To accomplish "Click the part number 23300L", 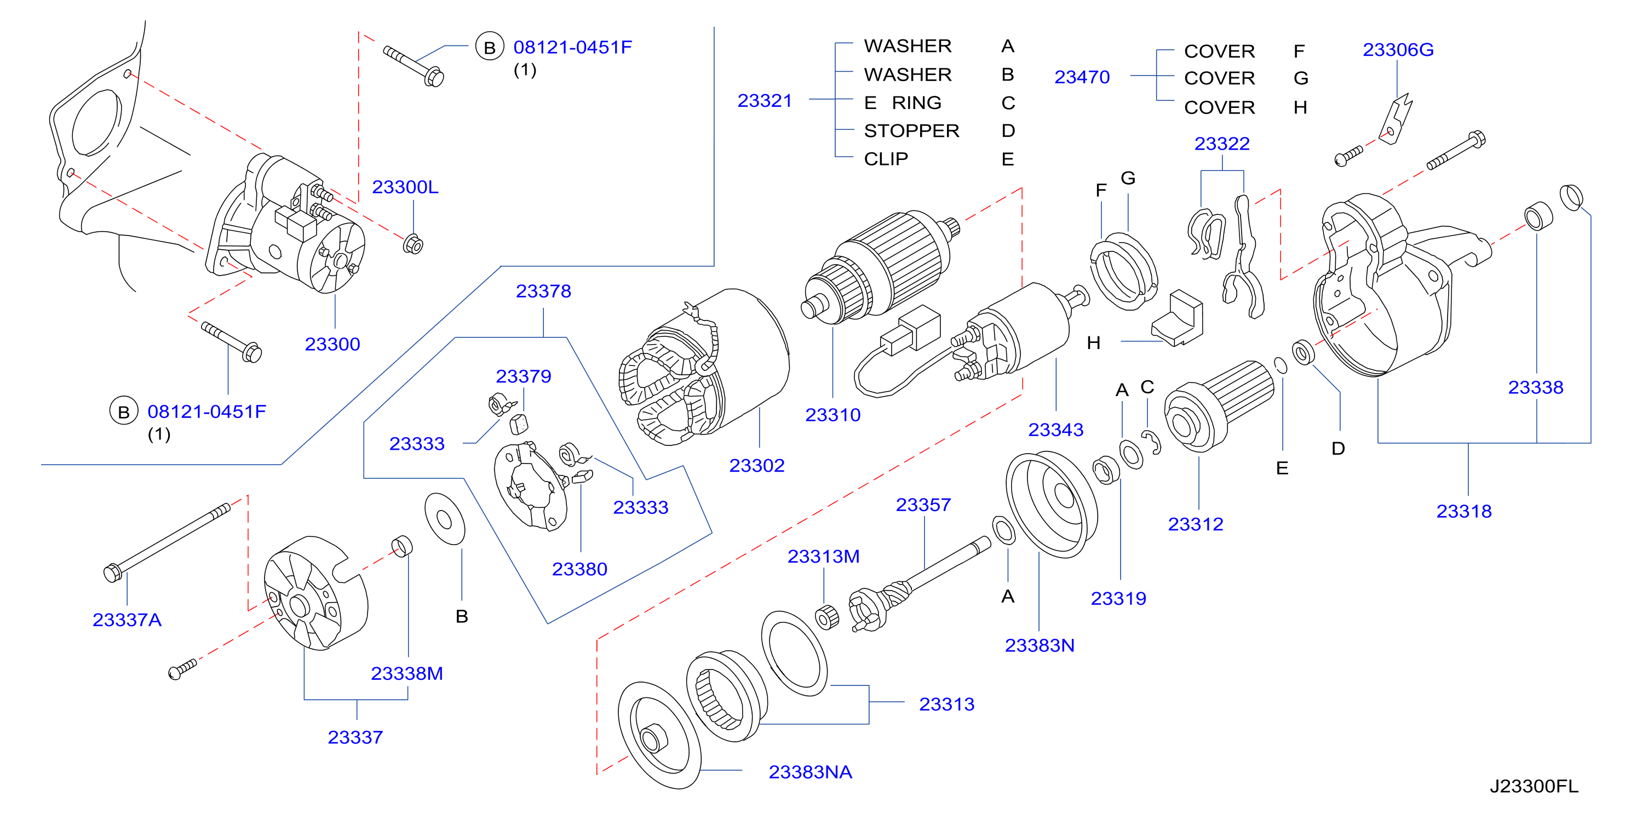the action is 405,187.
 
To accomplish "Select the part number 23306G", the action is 1398,49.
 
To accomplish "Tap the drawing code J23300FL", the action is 1534,786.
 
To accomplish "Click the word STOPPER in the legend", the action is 911,131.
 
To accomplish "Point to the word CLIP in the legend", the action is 886,159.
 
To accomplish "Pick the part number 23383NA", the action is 810,772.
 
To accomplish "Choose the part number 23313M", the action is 824,557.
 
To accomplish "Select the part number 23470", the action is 1082,77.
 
